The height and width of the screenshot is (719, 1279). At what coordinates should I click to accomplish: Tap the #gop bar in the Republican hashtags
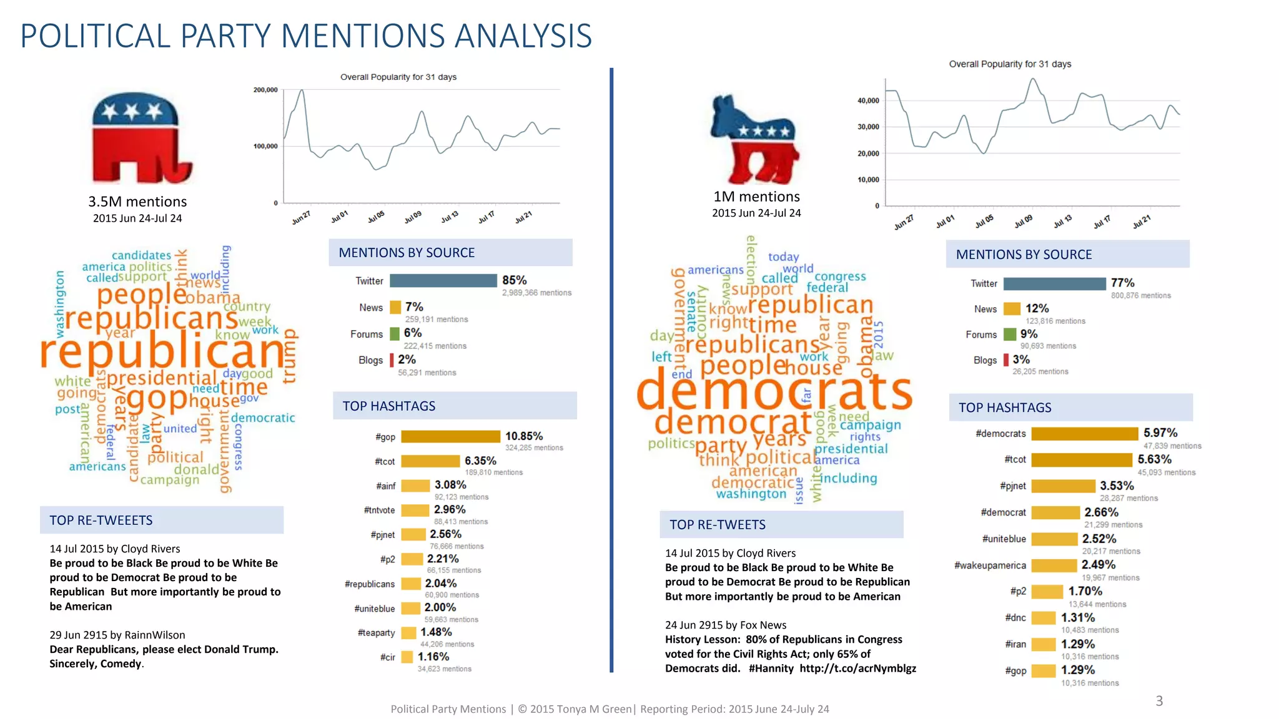click(x=450, y=436)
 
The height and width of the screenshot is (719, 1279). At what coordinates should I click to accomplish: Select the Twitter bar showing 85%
click(x=443, y=281)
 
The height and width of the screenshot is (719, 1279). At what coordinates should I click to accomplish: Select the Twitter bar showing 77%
click(x=1054, y=284)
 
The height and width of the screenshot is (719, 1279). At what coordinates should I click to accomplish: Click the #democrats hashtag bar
click(x=1084, y=434)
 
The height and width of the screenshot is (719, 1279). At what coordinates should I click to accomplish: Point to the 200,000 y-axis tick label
click(x=265, y=90)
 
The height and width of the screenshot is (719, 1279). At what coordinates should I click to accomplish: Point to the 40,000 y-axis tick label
click(x=868, y=100)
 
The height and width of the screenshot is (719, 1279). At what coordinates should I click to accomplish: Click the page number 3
click(x=1158, y=701)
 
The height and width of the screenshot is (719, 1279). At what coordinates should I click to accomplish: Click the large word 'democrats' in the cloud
click(x=774, y=391)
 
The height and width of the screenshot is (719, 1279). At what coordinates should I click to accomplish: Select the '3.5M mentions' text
click(x=137, y=202)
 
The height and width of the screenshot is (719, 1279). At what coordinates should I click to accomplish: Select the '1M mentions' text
click(x=756, y=197)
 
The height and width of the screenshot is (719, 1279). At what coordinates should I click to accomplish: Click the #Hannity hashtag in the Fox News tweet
click(x=771, y=668)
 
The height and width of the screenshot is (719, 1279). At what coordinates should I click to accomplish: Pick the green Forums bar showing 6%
click(x=395, y=334)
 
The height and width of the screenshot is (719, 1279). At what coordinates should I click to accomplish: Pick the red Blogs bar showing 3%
click(x=1006, y=360)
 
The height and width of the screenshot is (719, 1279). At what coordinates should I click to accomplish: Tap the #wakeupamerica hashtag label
click(x=990, y=565)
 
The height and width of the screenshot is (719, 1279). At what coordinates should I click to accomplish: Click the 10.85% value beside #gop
click(x=523, y=436)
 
